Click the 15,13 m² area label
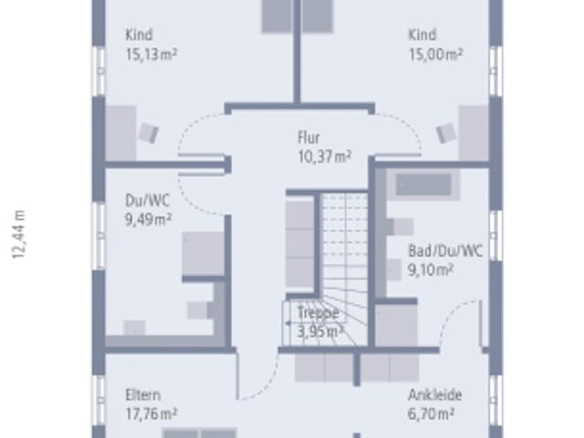click(x=151, y=55)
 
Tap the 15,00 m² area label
click(x=436, y=55)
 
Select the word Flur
click(x=308, y=138)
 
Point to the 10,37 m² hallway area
click(x=325, y=156)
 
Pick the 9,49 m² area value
click(x=148, y=220)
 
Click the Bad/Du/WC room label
click(x=446, y=251)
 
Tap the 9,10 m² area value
click(x=431, y=270)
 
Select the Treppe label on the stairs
click(x=318, y=313)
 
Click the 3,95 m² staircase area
click(x=320, y=330)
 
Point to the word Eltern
click(x=143, y=395)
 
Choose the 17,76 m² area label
click(x=151, y=413)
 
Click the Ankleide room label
click(x=435, y=395)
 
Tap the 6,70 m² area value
click(x=431, y=413)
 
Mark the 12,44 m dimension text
click(x=19, y=235)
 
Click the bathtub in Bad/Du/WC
click(x=423, y=184)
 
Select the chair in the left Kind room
click(x=149, y=133)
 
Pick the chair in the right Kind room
click(x=446, y=133)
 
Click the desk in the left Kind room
click(x=120, y=133)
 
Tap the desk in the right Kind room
click(x=474, y=133)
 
